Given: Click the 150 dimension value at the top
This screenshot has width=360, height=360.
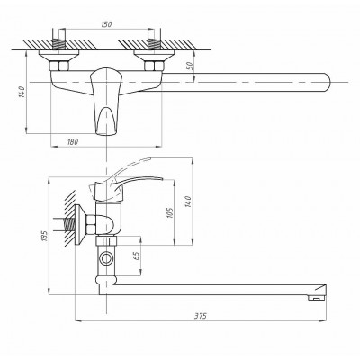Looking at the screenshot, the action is (x=106, y=24).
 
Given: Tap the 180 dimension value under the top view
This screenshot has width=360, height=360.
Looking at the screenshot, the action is (x=73, y=141).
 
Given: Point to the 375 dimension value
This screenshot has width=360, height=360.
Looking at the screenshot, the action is (x=201, y=316).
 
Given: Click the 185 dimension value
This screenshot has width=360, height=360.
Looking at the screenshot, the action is (x=45, y=236).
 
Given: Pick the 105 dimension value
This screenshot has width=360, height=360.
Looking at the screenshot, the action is (x=170, y=212).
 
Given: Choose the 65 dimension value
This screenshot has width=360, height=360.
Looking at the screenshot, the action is (x=137, y=256).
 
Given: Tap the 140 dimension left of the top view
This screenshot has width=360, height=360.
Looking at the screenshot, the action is (x=21, y=93).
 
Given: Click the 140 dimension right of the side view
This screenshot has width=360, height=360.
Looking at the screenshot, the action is (x=188, y=202).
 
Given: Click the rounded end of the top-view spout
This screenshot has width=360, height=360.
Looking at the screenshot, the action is (x=327, y=82).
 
